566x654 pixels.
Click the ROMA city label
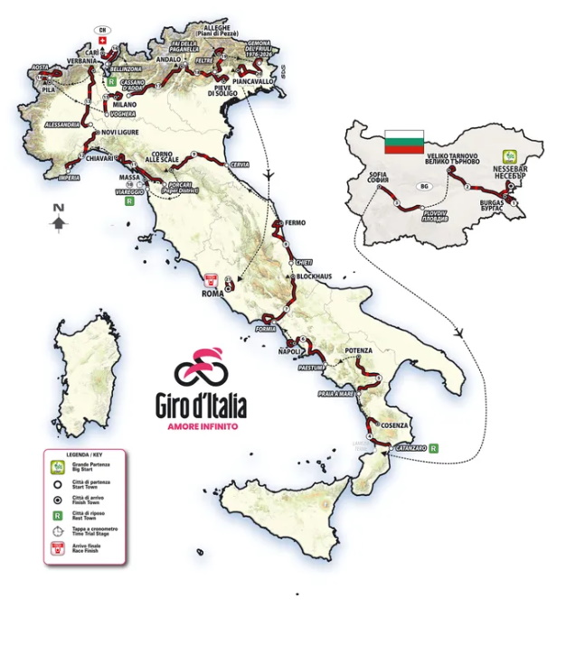coord(212,293)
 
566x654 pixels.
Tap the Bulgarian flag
coord(403,141)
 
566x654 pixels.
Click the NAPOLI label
coord(289,351)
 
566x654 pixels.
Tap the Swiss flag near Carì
coord(102,41)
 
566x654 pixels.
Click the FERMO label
coord(295,222)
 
